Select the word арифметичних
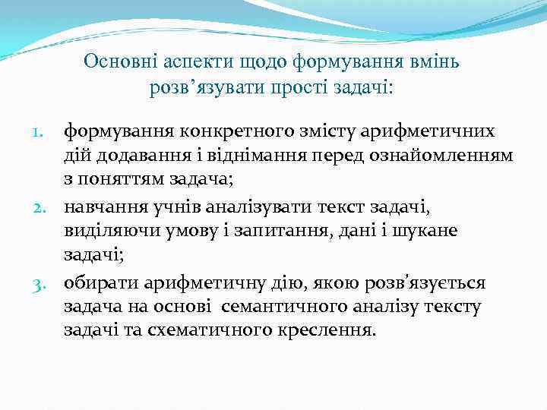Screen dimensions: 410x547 [x=428, y=132]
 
